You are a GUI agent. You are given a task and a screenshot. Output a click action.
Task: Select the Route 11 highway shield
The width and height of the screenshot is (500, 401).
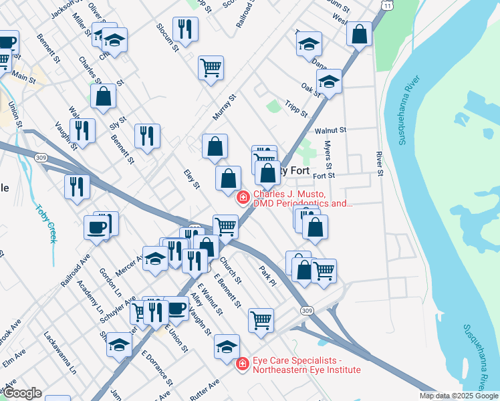388,5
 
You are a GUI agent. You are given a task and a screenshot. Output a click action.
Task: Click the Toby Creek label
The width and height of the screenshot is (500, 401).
47,224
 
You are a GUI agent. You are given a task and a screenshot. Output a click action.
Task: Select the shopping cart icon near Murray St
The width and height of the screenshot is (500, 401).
211,67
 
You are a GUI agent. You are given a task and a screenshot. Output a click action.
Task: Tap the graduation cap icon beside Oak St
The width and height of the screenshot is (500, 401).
329,82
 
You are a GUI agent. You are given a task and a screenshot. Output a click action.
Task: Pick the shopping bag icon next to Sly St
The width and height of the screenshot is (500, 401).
104,96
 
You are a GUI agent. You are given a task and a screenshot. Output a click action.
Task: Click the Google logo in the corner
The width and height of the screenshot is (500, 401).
22,393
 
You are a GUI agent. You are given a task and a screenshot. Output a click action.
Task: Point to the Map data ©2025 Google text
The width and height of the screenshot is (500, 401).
458,396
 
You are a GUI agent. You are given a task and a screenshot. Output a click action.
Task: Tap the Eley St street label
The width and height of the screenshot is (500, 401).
193,178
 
